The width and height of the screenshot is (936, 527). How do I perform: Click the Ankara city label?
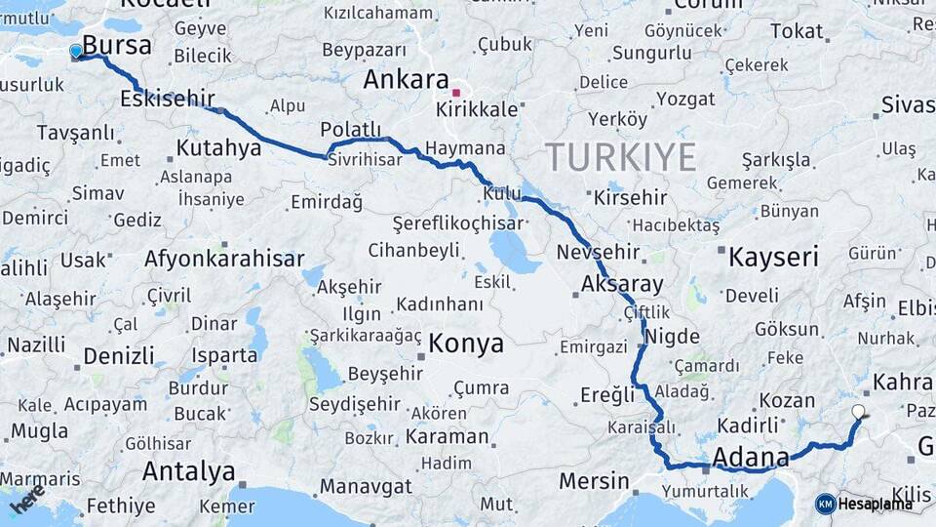pos(406,80)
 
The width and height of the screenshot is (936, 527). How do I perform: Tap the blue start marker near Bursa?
pos(76,51)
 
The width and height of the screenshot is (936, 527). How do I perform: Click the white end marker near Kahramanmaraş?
pos(858,412)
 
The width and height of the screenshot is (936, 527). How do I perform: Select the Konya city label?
pos(466,344)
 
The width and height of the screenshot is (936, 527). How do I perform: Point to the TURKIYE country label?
pos(621,156)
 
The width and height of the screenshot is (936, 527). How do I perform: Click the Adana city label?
pos(751,458)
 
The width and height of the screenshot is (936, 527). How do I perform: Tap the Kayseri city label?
pos(773,258)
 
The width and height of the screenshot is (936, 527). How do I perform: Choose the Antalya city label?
pos(188,472)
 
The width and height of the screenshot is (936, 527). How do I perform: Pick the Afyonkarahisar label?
pos(224,260)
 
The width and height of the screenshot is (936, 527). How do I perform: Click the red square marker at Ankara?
pos(456,93)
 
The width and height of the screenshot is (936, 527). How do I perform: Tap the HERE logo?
pos(27,499)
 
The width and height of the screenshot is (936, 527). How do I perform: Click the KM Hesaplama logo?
pos(864,504)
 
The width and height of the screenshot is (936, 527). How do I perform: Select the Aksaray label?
pos(621,285)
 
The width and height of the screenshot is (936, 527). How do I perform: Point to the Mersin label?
pos(594,481)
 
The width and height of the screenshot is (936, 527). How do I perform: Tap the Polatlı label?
pos(351,131)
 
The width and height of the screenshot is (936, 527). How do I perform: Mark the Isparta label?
pos(224,355)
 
